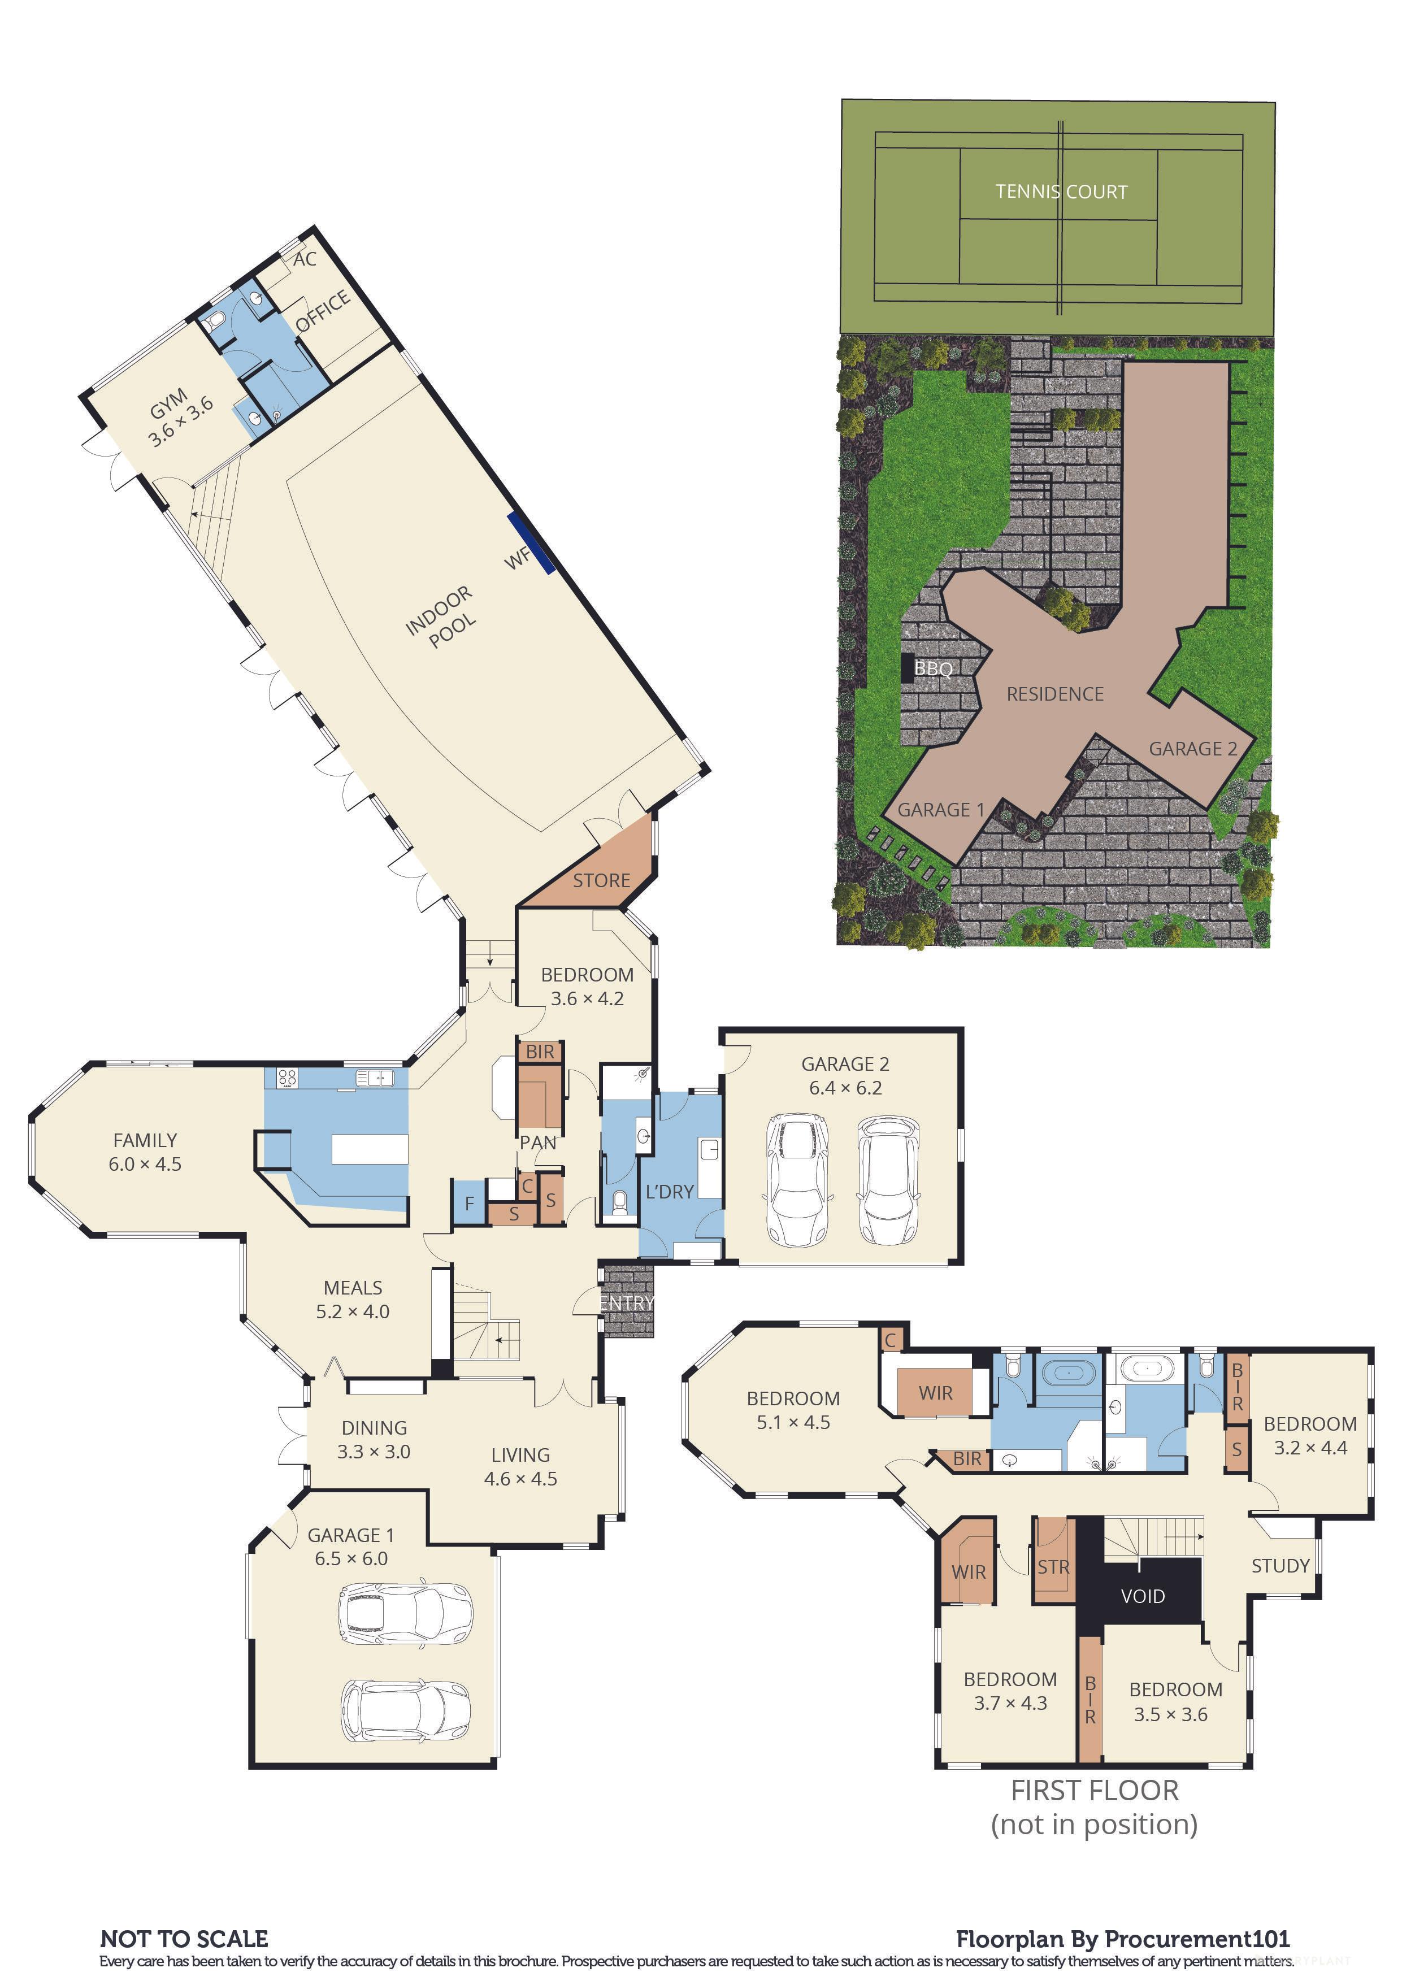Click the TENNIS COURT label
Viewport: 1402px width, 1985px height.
(x=1061, y=192)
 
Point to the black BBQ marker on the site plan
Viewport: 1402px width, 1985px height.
(x=908, y=667)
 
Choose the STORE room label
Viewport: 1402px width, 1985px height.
(x=602, y=880)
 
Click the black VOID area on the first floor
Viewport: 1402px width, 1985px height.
(x=1143, y=1596)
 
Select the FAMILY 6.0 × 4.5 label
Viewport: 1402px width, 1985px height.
(x=145, y=1152)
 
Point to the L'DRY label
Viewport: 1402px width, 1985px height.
(x=670, y=1191)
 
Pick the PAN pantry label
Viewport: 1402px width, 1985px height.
(x=537, y=1142)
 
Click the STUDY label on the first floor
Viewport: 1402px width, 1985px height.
(x=1280, y=1566)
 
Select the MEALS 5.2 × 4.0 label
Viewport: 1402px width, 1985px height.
(x=353, y=1300)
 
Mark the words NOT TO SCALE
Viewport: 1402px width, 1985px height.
(x=184, y=1938)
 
